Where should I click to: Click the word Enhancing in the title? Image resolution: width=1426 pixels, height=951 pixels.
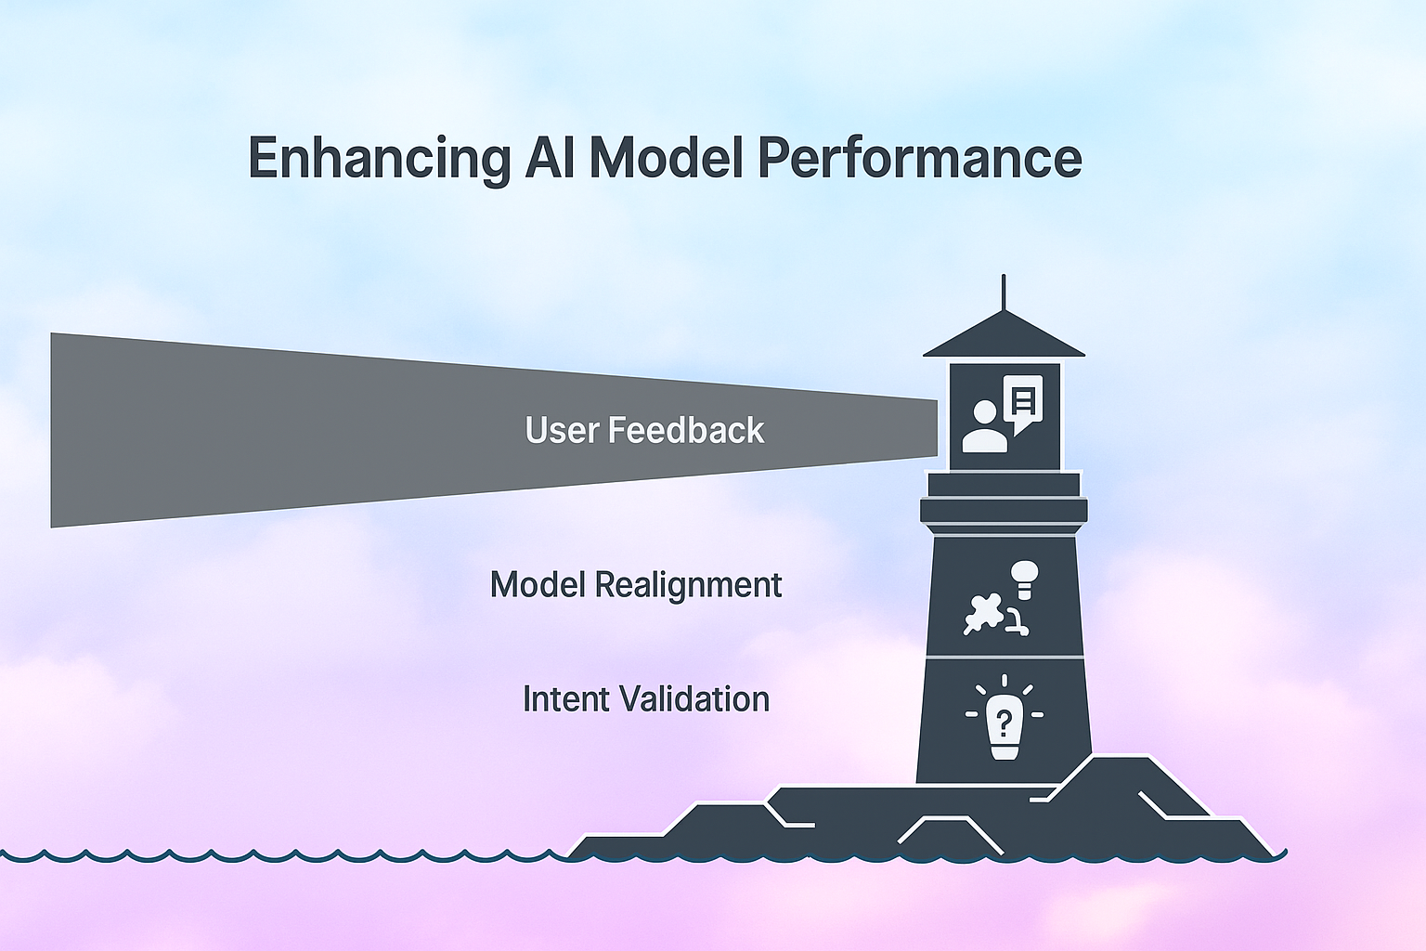379,159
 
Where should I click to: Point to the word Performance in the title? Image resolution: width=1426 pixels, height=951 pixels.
919,159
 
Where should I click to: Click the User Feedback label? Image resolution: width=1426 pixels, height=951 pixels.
644,430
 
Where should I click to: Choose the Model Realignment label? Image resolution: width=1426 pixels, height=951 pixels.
636,585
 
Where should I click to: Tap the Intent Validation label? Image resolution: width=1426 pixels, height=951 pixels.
646,698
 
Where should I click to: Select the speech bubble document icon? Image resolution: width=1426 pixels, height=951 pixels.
1023,401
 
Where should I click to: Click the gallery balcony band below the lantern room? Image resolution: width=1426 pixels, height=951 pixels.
1004,510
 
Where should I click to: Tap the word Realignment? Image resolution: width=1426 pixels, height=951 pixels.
688,585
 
